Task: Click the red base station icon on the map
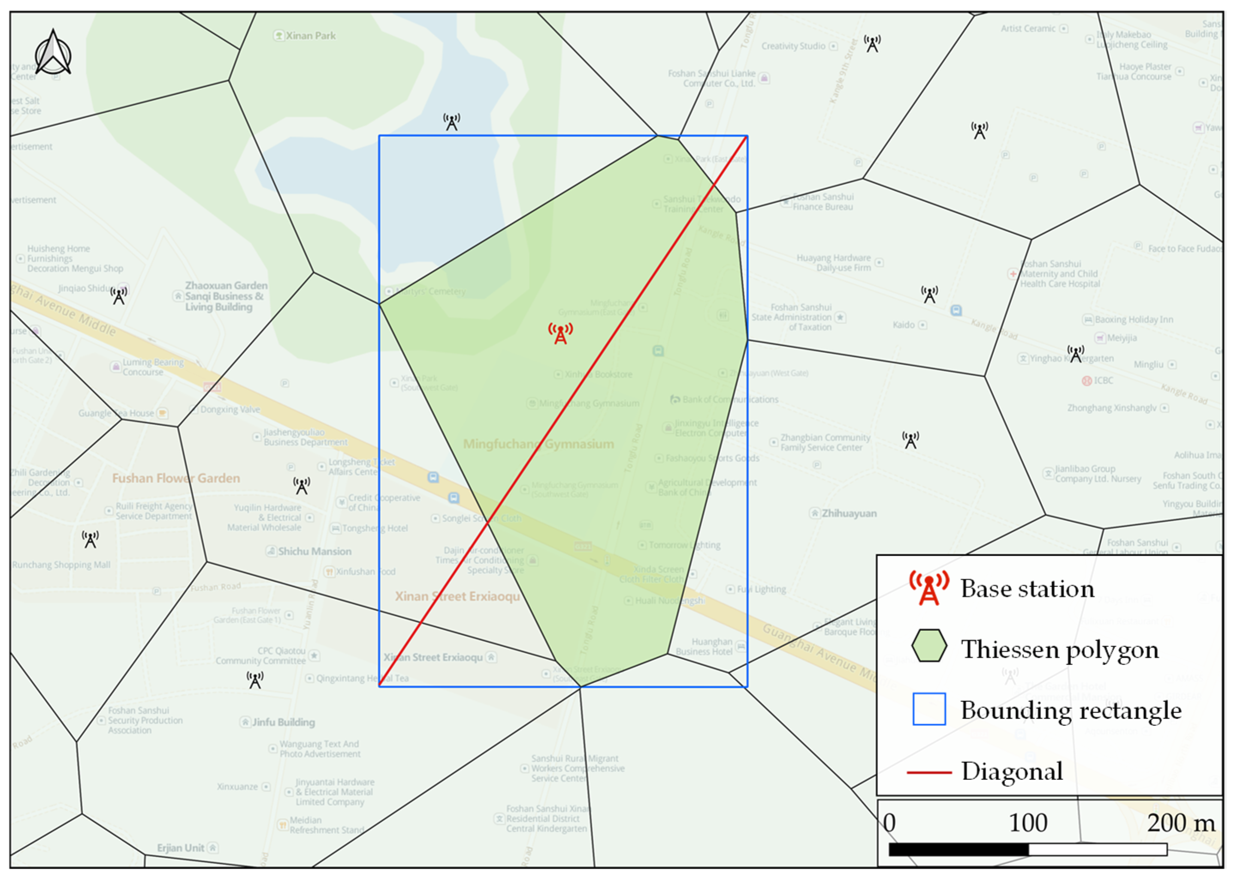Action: (560, 333)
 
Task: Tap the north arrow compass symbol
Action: (53, 53)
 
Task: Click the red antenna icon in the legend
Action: (929, 588)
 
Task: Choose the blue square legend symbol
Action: (929, 709)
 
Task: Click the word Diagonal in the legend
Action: (1012, 771)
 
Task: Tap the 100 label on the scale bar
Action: (1028, 823)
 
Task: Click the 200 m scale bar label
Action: (1181, 823)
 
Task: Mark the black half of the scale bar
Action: (958, 849)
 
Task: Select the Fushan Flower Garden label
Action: (176, 478)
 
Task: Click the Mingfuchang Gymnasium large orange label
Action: (538, 444)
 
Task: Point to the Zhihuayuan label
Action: (849, 513)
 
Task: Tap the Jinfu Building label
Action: (283, 722)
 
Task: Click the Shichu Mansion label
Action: (315, 551)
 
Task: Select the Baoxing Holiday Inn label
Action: (1134, 319)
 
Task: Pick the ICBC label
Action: (1103, 380)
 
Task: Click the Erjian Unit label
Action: (181, 848)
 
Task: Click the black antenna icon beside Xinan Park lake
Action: (451, 122)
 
